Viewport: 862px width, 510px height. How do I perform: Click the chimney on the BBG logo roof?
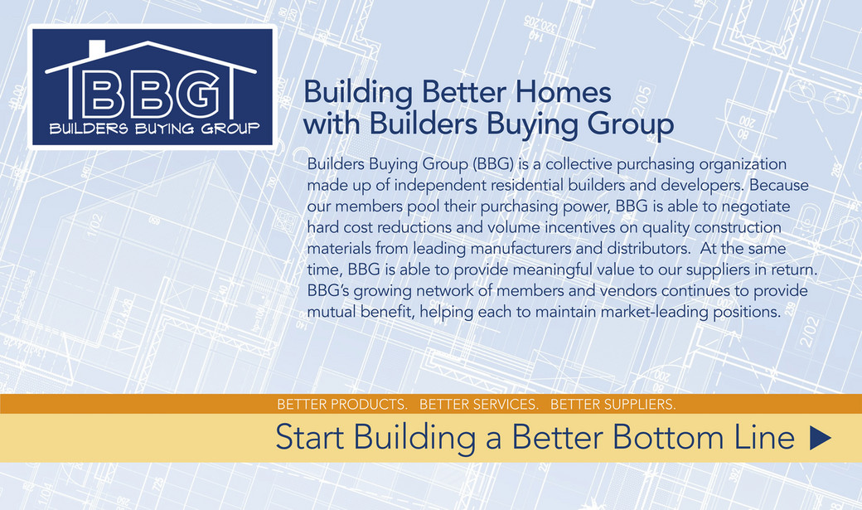pyautogui.click(x=97, y=48)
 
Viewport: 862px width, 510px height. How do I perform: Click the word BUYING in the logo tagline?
pyautogui.click(x=164, y=129)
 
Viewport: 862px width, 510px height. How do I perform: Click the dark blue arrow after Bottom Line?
pyautogui.click(x=821, y=438)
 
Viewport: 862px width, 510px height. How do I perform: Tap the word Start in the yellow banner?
pyautogui.click(x=309, y=437)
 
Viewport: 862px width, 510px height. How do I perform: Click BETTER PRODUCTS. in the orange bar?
pyautogui.click(x=342, y=405)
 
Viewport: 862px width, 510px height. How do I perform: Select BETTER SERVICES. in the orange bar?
pyautogui.click(x=479, y=405)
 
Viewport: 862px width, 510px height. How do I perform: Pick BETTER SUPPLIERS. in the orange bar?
pyautogui.click(x=613, y=405)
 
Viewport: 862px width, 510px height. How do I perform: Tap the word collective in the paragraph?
pyautogui.click(x=579, y=164)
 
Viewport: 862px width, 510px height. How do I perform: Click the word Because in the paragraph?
pyautogui.click(x=779, y=185)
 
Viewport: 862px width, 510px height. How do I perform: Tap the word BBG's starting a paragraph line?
pyautogui.click(x=327, y=290)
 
